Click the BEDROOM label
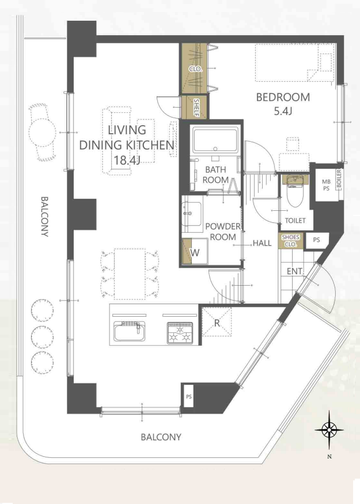tap(283, 97)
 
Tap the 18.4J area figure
tap(127, 160)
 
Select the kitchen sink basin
tap(129, 332)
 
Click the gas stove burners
tap(180, 334)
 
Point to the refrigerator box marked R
tap(217, 322)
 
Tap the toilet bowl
tap(295, 195)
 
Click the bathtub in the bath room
tap(215, 140)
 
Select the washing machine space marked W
tap(195, 251)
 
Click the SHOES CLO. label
tap(290, 241)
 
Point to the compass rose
tap(329, 429)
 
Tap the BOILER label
tap(339, 179)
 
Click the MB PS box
tap(325, 185)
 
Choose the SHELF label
tap(196, 107)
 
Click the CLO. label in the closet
tap(195, 69)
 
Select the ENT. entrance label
tap(295, 271)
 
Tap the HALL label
tap(262, 243)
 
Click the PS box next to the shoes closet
tap(317, 240)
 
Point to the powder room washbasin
tap(192, 214)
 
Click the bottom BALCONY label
tap(161, 437)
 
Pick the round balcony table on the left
tap(42, 132)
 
